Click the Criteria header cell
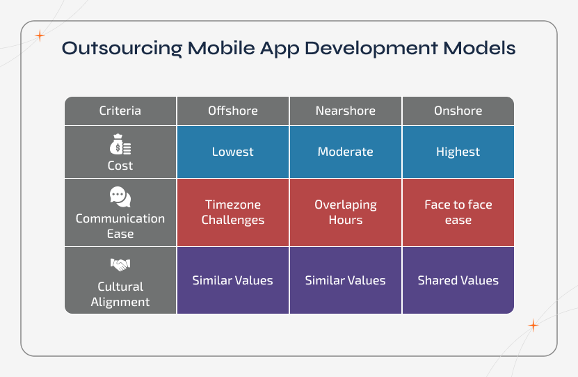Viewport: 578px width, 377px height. click(x=120, y=111)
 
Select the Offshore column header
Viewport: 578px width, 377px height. click(x=232, y=111)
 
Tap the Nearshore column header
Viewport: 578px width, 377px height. click(x=345, y=111)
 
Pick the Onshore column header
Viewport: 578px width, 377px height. click(x=458, y=111)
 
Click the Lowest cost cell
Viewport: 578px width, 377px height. click(x=232, y=152)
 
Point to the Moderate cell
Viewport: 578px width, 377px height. click(x=345, y=152)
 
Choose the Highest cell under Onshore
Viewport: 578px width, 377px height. click(x=458, y=152)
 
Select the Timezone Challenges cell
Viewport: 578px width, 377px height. click(x=232, y=212)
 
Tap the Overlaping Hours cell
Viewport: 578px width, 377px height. click(x=345, y=212)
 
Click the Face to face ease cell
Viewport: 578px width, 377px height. click(x=458, y=212)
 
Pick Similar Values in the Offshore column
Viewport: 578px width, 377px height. click(x=232, y=280)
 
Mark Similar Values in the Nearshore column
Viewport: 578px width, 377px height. click(x=345, y=280)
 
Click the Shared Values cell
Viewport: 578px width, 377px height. click(x=458, y=280)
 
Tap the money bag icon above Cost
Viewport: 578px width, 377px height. click(x=120, y=147)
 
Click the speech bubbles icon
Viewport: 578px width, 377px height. click(x=120, y=197)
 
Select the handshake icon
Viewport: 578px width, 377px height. click(x=120, y=265)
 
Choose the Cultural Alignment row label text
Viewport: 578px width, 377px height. click(x=120, y=294)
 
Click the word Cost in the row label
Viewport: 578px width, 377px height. click(x=120, y=166)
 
